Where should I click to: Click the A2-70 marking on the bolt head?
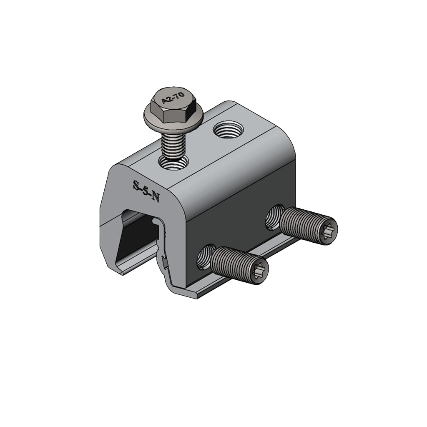173,98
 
